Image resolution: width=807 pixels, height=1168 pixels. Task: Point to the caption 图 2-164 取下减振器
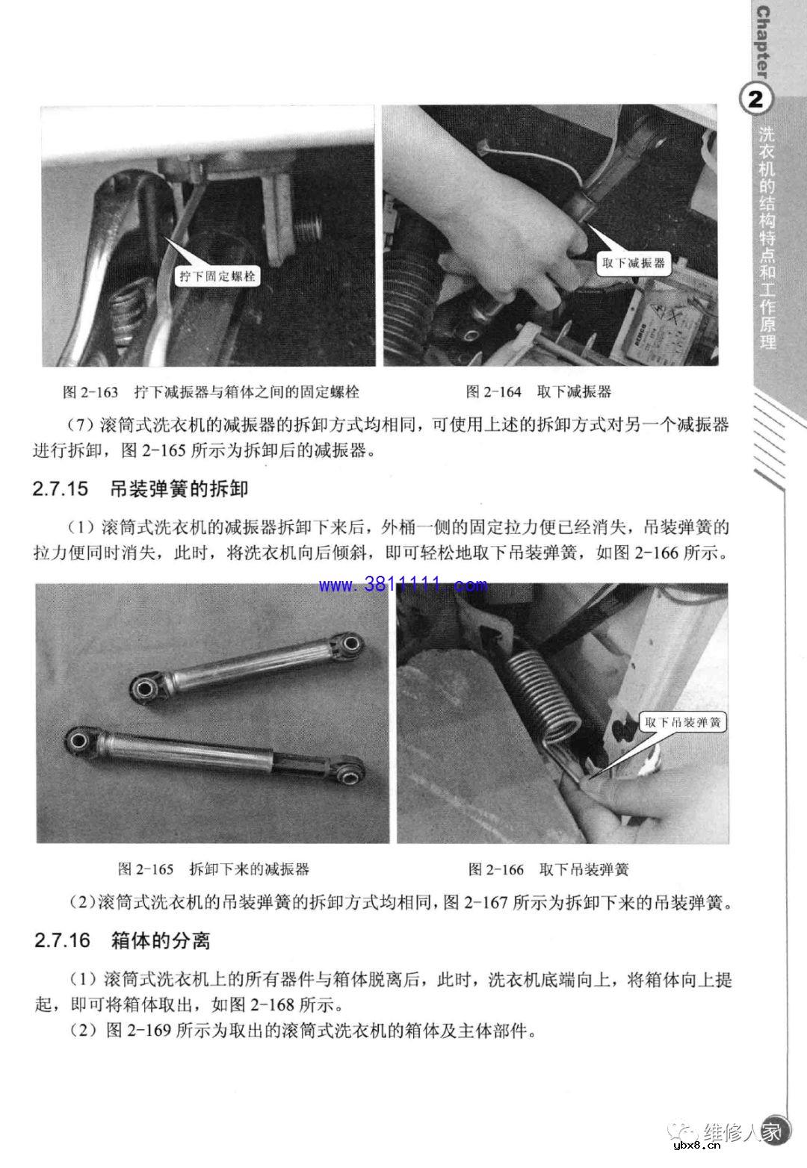[x=538, y=391]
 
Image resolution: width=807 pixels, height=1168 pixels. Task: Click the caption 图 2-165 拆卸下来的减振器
[x=213, y=869]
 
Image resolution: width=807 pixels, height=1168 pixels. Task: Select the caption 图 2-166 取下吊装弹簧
[x=548, y=869]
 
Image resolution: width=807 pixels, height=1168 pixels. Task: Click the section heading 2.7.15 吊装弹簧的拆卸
[x=140, y=490]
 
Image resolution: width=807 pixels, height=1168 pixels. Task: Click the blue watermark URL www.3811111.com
[x=403, y=584]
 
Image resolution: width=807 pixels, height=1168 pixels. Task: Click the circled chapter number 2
[x=755, y=99]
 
